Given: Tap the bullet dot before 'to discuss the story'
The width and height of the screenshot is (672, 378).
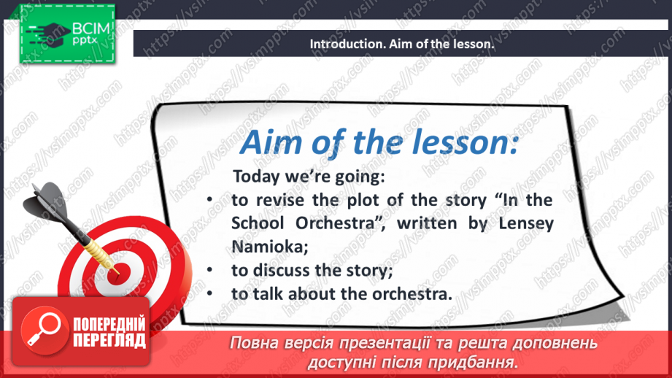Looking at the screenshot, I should [x=209, y=269].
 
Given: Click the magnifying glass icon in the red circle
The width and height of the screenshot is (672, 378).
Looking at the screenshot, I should [x=42, y=329].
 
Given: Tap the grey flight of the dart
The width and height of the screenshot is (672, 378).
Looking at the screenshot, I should [x=47, y=200].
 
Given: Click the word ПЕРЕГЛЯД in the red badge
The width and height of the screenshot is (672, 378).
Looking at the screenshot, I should [x=109, y=341].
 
